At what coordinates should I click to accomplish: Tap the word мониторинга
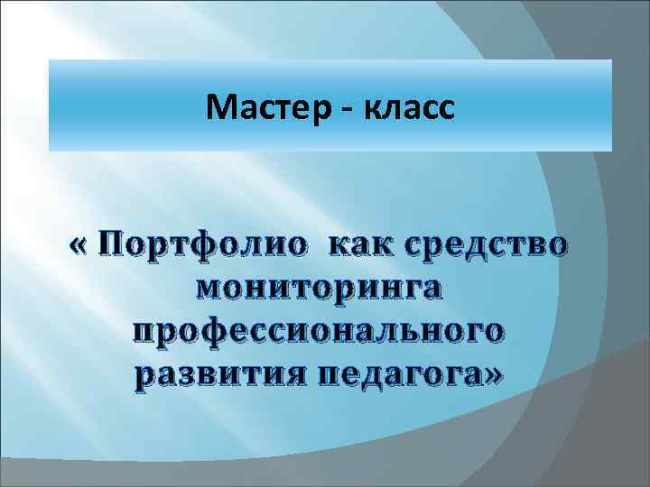pyautogui.click(x=325, y=289)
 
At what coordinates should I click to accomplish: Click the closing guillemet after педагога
pyautogui.click(x=495, y=372)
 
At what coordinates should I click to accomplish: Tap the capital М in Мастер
pyautogui.click(x=218, y=109)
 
